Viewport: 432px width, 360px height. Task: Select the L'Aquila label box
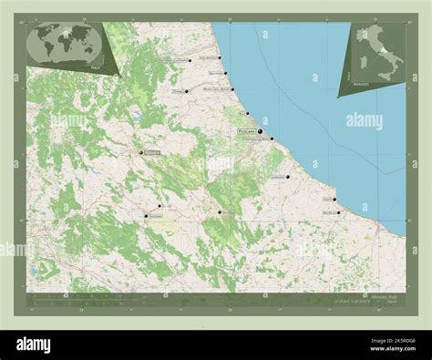[x=151, y=152]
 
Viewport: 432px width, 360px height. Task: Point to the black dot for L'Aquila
[x=139, y=152]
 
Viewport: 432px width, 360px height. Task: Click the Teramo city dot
[x=186, y=91]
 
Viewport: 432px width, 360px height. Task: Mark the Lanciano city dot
[x=287, y=177]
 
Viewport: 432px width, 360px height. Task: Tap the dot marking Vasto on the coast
[x=334, y=200]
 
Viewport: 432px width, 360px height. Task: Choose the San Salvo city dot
[x=339, y=213]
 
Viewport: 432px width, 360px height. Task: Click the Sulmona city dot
[x=220, y=212]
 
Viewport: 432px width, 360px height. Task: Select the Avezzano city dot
[x=145, y=216]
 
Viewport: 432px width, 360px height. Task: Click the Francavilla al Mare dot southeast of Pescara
[x=272, y=139]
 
